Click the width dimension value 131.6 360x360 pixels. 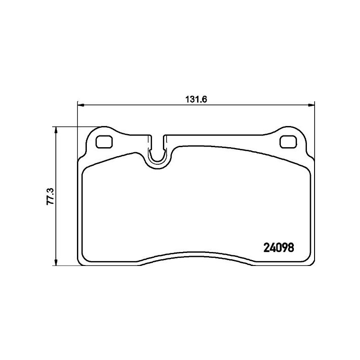click(x=196, y=100)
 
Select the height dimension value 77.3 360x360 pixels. click(x=50, y=197)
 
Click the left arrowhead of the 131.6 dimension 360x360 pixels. click(x=81, y=106)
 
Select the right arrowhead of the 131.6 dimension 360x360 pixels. click(x=311, y=106)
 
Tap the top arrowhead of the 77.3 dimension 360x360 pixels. click(x=56, y=130)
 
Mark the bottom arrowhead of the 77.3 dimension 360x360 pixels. click(x=56, y=263)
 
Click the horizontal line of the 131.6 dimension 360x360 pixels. click(x=135, y=106)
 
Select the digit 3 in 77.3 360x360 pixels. click(x=50, y=189)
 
